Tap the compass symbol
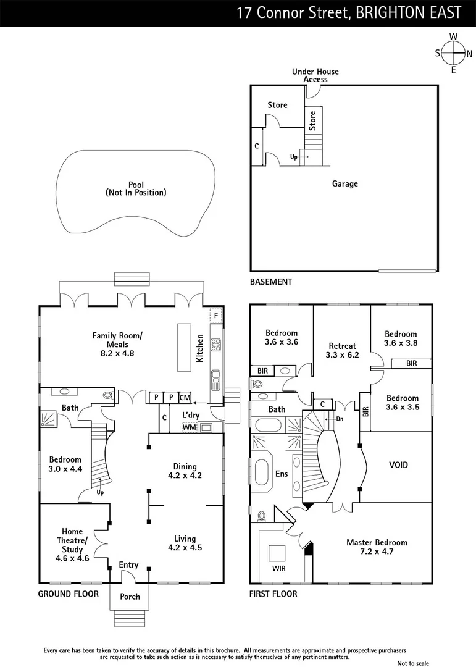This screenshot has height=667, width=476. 454,52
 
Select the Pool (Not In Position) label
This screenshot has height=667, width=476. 136,188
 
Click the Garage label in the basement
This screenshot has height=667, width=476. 344,183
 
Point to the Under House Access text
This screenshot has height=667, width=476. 315,75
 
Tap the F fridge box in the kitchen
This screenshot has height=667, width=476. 215,315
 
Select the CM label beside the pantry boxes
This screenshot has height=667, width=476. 185,397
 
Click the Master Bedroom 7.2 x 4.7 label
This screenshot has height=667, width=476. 377,547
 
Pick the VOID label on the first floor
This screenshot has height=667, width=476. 398,465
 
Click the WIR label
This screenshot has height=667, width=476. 279,567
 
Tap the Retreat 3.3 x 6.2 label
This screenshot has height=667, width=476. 342,350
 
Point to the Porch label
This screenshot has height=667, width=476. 130,597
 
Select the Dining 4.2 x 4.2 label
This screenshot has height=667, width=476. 185,471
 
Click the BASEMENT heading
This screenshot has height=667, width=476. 270,282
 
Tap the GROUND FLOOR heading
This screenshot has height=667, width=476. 69,594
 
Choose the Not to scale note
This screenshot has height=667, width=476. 413,663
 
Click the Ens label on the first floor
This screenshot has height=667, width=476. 281,474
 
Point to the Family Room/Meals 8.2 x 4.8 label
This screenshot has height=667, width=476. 117,345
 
